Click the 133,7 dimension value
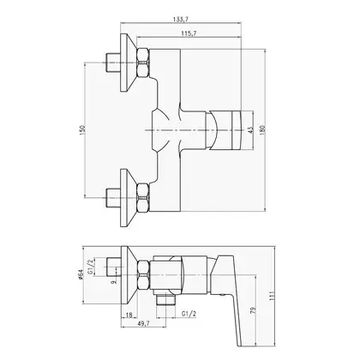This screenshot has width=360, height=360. [181, 19]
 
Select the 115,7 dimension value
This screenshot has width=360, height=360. [189, 33]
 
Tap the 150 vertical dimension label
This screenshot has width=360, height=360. [82, 130]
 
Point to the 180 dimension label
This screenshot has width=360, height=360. [263, 130]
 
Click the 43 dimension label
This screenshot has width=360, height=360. [250, 130]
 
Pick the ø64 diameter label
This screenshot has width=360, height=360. [81, 274]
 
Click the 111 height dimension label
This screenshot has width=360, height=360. [272, 296]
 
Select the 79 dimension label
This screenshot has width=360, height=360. [253, 311]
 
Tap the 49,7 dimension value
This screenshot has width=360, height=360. [143, 323]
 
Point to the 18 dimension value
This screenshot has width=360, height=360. [129, 315]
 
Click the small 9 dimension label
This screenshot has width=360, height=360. [114, 282]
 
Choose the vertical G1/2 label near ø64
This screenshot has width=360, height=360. [90, 267]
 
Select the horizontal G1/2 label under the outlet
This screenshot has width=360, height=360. [189, 314]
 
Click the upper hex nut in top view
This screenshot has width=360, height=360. [143, 63]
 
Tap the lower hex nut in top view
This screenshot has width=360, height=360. [143, 198]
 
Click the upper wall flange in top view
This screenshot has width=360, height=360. [128, 63]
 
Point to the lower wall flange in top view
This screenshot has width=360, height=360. [128, 198]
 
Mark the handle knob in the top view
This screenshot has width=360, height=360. [224, 130]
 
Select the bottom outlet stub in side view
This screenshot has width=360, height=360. [166, 300]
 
